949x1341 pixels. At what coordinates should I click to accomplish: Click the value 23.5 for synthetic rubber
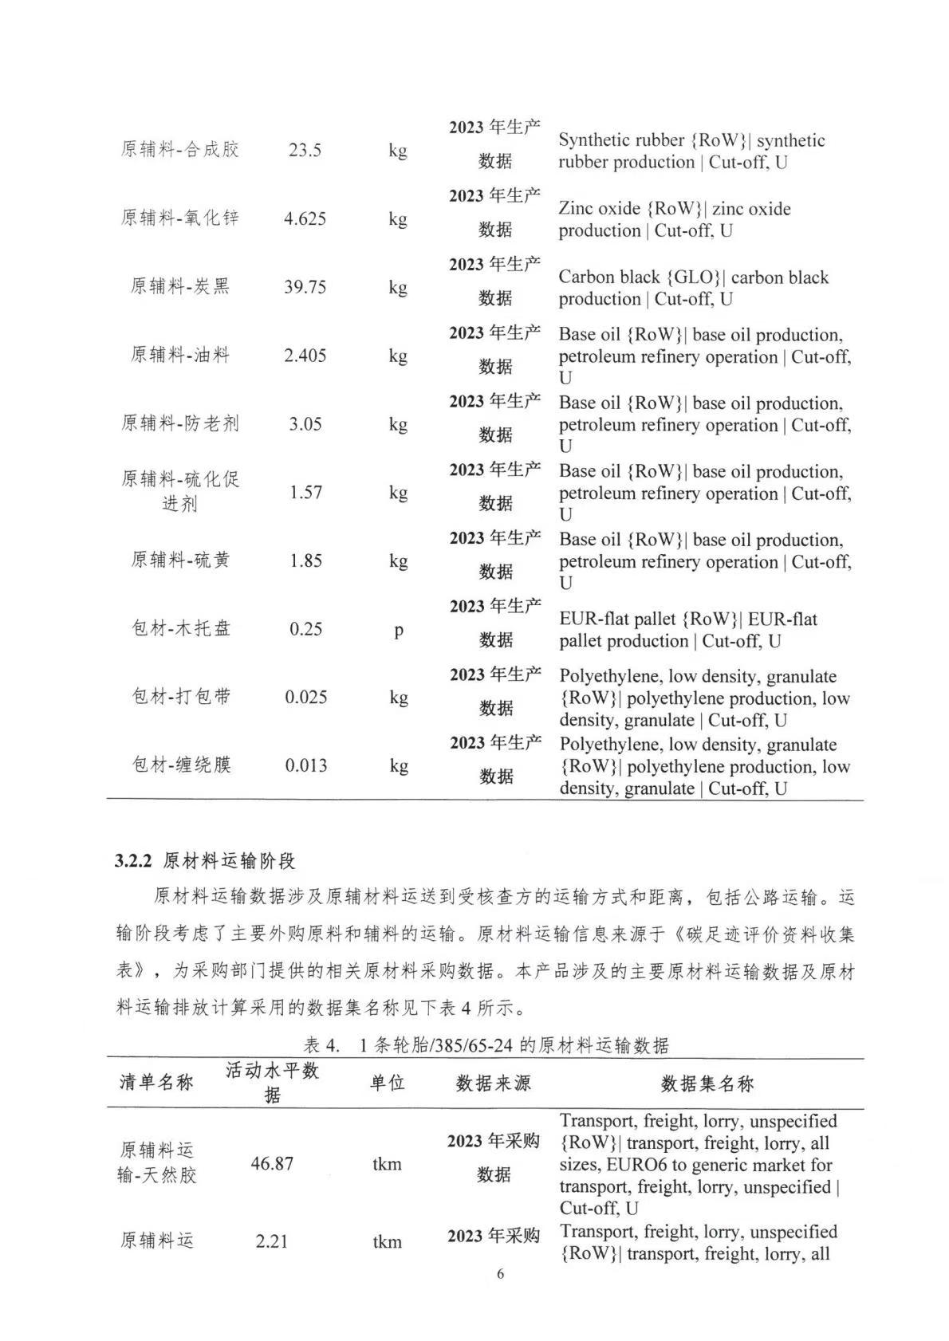point(305,150)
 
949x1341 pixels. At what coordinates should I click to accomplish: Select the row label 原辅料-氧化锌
point(179,218)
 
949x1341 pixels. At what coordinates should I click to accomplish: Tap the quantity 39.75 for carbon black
point(305,287)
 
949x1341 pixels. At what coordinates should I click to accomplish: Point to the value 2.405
point(305,356)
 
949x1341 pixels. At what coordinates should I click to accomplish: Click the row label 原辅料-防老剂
point(179,423)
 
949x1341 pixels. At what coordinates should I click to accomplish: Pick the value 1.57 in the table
point(305,492)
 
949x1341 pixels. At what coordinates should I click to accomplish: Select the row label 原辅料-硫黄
point(180,560)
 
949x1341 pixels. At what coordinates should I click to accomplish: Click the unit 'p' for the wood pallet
point(399,630)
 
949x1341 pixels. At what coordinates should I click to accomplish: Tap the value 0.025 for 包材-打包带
point(306,698)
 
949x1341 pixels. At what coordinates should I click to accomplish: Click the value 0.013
point(306,766)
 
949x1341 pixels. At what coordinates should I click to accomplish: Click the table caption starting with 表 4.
point(486,1045)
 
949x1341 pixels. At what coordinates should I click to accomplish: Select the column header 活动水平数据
point(272,1083)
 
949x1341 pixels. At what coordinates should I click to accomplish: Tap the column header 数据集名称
point(707,1083)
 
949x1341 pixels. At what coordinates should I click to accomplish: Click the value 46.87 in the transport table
point(272,1163)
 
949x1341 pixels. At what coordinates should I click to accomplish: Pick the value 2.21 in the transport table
point(272,1241)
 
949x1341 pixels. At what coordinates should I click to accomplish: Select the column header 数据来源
point(493,1083)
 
